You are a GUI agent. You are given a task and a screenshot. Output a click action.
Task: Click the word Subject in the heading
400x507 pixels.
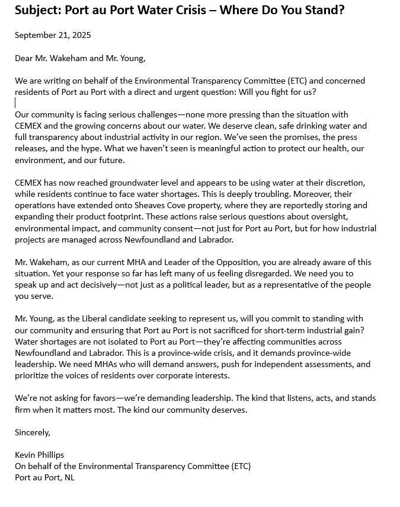36,10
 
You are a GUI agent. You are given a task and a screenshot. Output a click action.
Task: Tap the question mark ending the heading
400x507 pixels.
341,10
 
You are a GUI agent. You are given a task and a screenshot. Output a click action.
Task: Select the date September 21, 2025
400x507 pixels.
53,35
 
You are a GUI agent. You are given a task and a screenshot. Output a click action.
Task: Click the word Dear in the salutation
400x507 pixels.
25,58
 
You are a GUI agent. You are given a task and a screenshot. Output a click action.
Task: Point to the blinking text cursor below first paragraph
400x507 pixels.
15,103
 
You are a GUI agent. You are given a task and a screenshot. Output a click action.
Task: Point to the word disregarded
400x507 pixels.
256,273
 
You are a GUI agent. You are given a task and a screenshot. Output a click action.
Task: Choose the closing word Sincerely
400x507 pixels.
33,432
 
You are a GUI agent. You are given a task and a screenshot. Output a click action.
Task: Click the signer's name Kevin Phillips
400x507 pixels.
39,455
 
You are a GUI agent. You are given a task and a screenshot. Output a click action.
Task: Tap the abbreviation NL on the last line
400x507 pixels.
69,477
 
